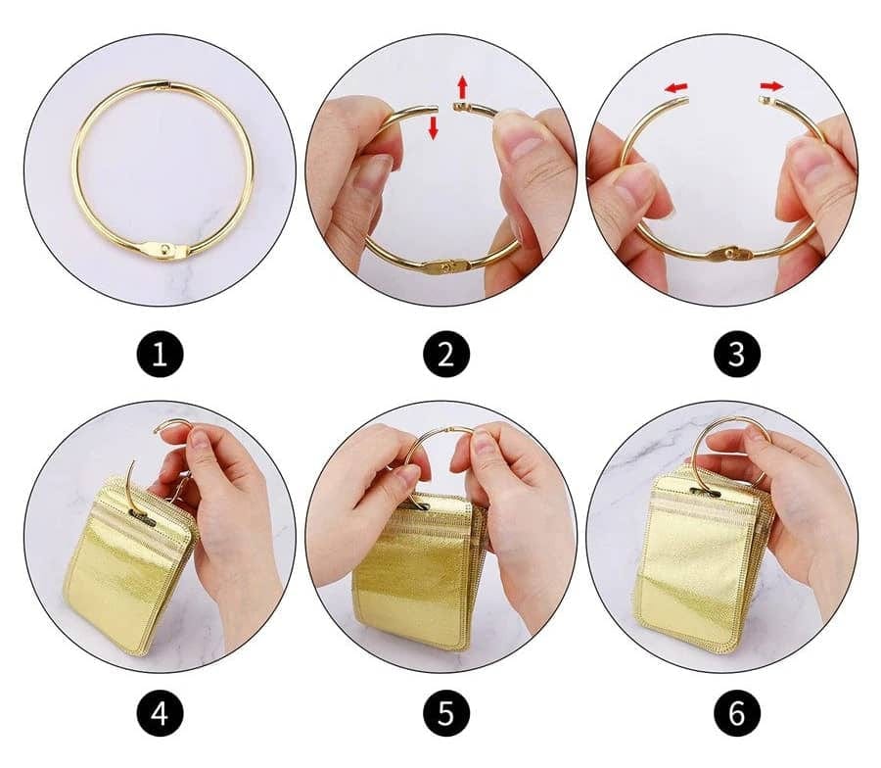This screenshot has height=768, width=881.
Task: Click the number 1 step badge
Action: pyautogui.click(x=161, y=356)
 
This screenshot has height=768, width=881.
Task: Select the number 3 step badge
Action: pyautogui.click(x=736, y=356)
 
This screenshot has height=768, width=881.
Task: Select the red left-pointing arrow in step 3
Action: pyautogui.click(x=675, y=89)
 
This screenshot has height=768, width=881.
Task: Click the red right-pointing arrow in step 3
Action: pyautogui.click(x=772, y=87)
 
